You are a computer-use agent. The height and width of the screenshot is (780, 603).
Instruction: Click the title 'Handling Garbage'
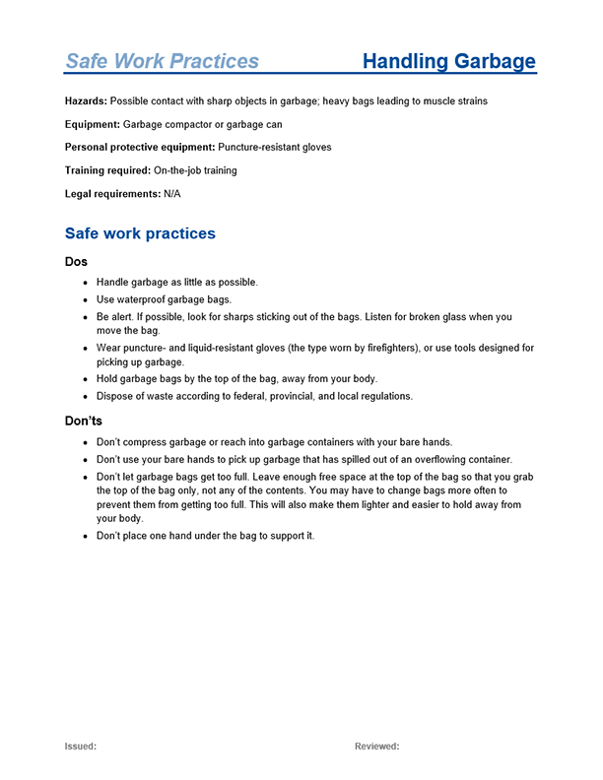(x=448, y=62)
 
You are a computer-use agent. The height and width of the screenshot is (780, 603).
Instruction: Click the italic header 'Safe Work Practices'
(x=162, y=62)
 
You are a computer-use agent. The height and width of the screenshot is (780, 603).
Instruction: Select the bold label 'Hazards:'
(x=86, y=101)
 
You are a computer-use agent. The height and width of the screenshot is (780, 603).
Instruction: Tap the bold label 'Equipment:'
(x=92, y=125)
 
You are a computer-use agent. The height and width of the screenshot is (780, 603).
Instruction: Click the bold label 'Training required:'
(x=107, y=170)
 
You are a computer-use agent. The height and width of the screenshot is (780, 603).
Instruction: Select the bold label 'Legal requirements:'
(x=112, y=194)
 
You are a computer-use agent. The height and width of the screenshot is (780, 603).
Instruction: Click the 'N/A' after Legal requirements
(x=172, y=194)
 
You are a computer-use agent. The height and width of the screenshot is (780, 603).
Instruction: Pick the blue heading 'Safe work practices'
(x=139, y=234)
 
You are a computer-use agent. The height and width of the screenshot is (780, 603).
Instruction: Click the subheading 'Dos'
(x=76, y=262)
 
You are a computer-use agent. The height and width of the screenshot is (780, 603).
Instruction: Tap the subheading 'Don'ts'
(x=84, y=422)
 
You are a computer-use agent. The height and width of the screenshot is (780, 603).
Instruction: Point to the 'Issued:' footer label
(x=81, y=747)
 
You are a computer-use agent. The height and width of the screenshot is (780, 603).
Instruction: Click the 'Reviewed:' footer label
(x=376, y=747)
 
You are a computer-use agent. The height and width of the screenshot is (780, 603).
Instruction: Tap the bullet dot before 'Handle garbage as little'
(x=85, y=283)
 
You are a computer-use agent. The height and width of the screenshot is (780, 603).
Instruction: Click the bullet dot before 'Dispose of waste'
(x=85, y=397)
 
